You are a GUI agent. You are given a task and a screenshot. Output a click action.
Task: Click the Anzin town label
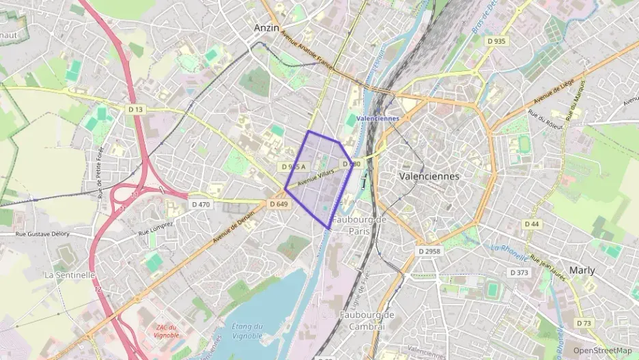[266, 27]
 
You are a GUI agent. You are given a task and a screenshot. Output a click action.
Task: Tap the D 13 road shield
[136, 109]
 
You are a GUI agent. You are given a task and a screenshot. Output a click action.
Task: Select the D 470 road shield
[201, 204]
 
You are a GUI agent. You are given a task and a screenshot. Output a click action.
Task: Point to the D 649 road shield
[278, 204]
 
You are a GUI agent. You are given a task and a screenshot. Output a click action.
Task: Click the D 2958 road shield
[429, 251]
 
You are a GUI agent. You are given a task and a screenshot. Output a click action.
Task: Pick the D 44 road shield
[532, 224]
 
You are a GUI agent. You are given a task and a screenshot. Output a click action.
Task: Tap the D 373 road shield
[520, 273]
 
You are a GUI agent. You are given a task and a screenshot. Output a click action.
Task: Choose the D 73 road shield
[584, 323]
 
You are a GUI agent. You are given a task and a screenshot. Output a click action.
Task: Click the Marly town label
[582, 270]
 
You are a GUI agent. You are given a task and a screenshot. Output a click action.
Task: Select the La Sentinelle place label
[69, 275]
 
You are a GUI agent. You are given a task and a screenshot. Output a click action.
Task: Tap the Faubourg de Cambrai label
[367, 320]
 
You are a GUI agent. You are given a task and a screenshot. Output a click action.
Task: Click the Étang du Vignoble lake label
[247, 331]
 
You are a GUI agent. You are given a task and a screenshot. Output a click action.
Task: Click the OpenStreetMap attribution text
[602, 350]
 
